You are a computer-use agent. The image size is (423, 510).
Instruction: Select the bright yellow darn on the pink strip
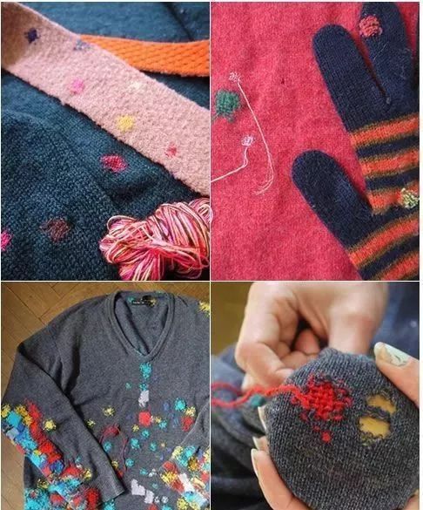pyautogui.click(x=126, y=123)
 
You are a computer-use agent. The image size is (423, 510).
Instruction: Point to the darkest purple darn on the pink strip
pyautogui.click(x=32, y=36)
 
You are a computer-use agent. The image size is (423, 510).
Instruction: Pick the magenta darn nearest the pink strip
pyautogui.click(x=113, y=163)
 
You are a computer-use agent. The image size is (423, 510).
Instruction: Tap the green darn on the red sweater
pyautogui.click(x=227, y=105)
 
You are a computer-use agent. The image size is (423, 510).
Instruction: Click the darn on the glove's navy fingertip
pyautogui.click(x=371, y=25)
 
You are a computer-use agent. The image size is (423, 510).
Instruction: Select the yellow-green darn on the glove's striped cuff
pyautogui.click(x=408, y=198)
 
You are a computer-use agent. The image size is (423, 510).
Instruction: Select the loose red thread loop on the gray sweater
pyautogui.click(x=111, y=434)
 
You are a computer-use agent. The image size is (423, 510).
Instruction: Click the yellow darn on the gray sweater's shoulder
pyautogui.click(x=204, y=307)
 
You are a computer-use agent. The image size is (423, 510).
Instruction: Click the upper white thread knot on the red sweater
pyautogui.click(x=234, y=78)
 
